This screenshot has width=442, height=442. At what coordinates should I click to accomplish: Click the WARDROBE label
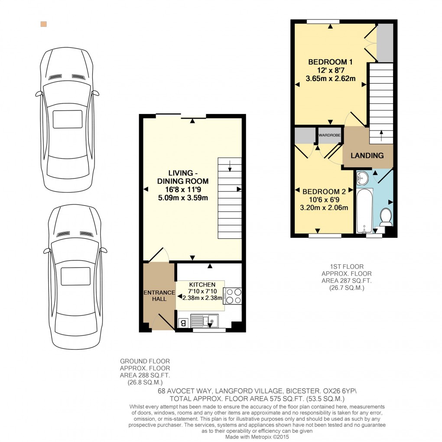pyautogui.click(x=330, y=135)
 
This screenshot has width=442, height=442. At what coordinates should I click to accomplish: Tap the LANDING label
pyautogui.click(x=367, y=155)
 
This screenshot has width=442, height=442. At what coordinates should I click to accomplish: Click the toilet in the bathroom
pyautogui.click(x=386, y=217)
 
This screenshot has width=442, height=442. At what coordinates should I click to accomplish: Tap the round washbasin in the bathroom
pyautogui.click(x=363, y=177)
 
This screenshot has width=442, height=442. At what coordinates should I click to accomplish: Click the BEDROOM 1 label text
pyautogui.click(x=330, y=62)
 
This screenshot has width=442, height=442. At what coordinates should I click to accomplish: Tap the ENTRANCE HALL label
pyautogui.click(x=159, y=296)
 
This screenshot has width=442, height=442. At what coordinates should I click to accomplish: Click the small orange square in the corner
pyautogui.click(x=43, y=24)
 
